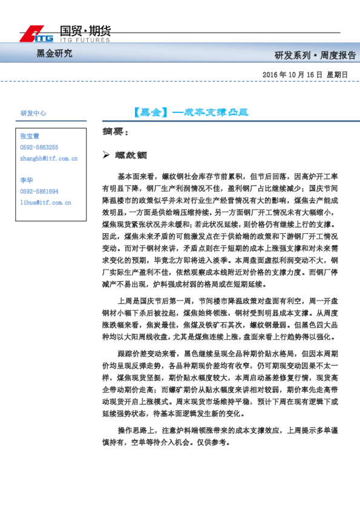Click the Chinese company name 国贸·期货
coord(85,31)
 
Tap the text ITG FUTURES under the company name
coord(85,41)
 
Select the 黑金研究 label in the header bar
coord(54,54)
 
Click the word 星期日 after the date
coord(337,74)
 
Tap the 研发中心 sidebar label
coord(33,113)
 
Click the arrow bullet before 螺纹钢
coord(106,155)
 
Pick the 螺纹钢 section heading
coord(130,155)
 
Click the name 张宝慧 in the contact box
coord(29,137)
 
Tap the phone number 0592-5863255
coord(39,148)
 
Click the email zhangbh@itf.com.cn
coord(49,158)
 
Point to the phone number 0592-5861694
coord(39,192)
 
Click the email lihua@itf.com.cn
coord(45,203)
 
